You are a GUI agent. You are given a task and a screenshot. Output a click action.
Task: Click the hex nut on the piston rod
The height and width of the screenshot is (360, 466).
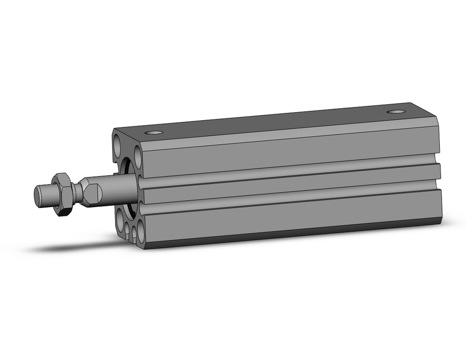[62, 194]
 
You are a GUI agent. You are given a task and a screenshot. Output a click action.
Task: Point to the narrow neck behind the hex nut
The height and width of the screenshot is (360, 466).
[76, 191]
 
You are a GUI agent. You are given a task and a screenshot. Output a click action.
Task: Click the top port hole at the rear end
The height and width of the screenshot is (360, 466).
[397, 112]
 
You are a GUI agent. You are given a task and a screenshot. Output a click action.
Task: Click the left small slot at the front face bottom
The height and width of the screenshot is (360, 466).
[127, 228]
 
